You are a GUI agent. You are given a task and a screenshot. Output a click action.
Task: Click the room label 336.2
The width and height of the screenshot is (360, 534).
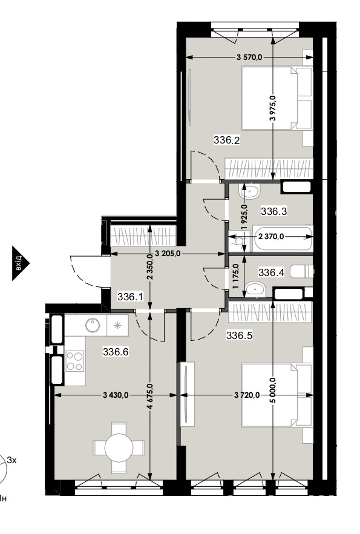(x=227, y=139)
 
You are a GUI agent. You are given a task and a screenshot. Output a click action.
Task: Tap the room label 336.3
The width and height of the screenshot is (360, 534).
(x=273, y=211)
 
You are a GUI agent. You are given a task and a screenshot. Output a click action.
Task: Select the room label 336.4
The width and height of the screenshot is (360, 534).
(x=271, y=272)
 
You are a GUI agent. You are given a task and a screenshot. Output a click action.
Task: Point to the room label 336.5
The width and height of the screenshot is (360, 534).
(x=239, y=336)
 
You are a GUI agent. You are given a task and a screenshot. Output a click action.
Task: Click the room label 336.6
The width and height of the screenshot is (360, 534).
(x=116, y=351)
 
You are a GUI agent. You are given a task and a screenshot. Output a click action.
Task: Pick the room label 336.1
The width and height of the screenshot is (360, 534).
(x=130, y=296)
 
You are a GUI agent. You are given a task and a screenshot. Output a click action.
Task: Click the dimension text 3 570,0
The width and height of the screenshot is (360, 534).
(x=249, y=58)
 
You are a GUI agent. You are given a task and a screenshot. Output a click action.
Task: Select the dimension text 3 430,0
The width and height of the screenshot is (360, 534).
(x=116, y=395)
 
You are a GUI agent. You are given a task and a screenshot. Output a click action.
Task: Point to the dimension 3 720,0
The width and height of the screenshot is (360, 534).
(x=247, y=395)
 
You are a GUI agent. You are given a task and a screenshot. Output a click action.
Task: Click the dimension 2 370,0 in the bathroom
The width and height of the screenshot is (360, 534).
(x=271, y=236)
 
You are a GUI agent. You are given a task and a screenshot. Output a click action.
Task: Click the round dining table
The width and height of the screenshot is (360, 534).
(x=119, y=448)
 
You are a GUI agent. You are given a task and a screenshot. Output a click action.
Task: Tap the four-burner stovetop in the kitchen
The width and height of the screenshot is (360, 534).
(x=75, y=361)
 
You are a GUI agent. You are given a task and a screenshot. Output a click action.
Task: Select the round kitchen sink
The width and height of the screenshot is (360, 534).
(x=93, y=325)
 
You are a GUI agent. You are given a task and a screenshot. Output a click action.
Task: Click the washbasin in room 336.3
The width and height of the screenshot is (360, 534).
(x=249, y=192)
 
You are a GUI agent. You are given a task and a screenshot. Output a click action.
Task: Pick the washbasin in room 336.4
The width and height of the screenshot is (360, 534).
(x=255, y=289)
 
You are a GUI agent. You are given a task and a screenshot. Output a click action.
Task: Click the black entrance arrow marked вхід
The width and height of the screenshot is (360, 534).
(x=21, y=263)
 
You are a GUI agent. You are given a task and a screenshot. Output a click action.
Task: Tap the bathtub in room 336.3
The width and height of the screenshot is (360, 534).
(x=283, y=238)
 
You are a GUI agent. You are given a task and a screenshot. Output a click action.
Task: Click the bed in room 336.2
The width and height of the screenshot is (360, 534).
(x=277, y=98)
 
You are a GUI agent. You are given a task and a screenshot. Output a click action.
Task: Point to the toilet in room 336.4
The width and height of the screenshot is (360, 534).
(x=302, y=272)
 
